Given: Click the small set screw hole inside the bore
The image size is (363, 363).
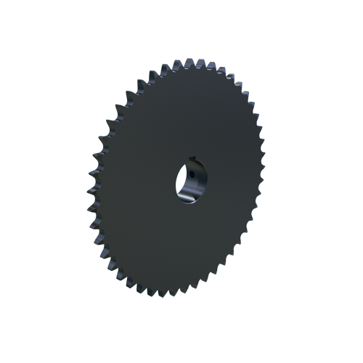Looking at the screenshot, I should (192, 174).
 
